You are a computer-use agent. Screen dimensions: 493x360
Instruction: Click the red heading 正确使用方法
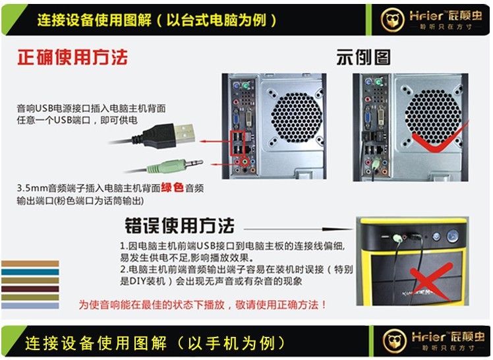tap(72, 57)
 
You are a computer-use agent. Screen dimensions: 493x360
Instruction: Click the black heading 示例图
tap(363, 57)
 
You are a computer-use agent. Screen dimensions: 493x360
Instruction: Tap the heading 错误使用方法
tap(179, 225)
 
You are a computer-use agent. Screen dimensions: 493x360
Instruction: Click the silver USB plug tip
tap(185, 133)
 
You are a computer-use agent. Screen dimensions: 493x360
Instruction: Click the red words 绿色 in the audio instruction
tap(172, 188)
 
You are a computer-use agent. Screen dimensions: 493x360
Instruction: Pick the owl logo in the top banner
tap(392, 20)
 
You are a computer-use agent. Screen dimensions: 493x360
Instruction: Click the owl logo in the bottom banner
tap(395, 341)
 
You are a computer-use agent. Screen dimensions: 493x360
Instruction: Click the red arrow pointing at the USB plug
tap(216, 141)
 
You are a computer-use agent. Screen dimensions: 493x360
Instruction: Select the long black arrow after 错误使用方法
tap(299, 229)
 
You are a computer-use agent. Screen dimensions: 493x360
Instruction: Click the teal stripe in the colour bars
tap(30, 272)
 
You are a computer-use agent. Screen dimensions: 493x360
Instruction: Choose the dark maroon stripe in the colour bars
tap(30, 289)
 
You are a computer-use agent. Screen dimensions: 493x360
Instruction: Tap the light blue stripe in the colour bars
tap(30, 306)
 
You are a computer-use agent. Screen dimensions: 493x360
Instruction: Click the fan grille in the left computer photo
tap(297, 117)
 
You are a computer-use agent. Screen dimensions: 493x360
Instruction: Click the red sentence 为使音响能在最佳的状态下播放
tap(151, 305)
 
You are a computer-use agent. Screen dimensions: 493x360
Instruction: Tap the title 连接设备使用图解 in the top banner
tap(94, 20)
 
